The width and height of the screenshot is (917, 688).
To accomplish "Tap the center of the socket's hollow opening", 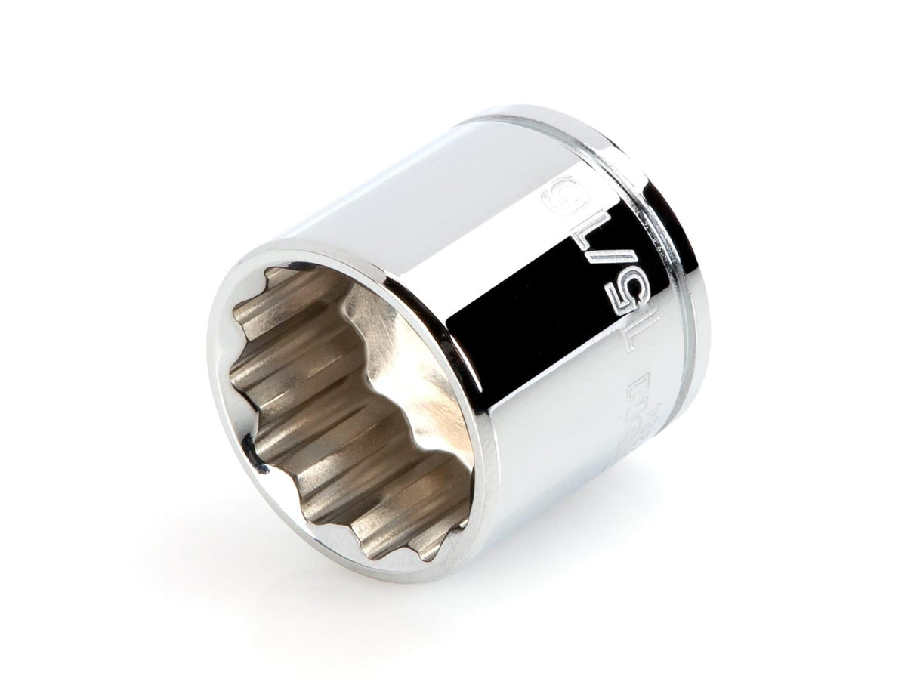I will (x=347, y=408).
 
